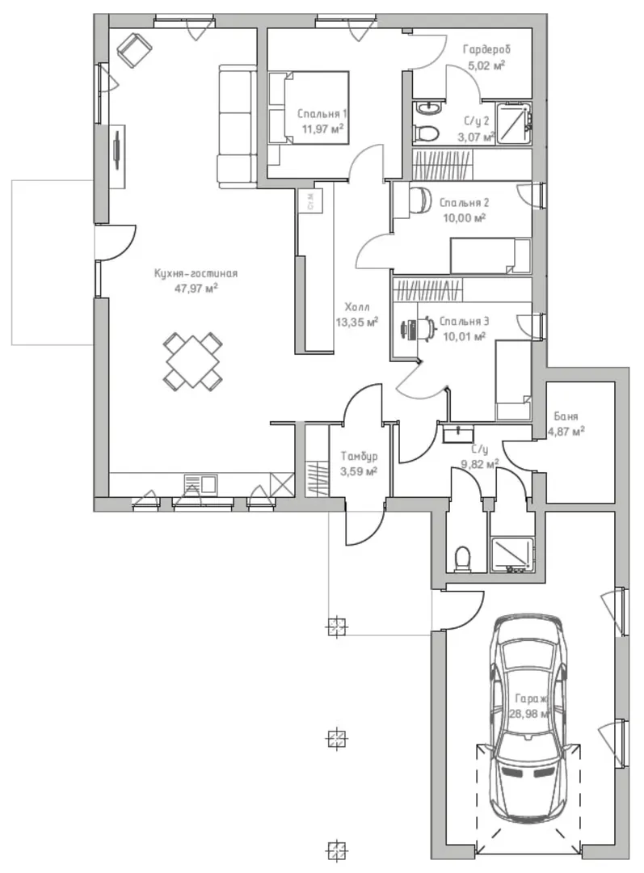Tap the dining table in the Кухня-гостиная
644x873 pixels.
(x=192, y=361)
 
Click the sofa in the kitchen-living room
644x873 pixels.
(x=237, y=125)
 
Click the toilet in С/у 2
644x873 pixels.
(x=427, y=133)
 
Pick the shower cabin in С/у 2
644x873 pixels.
(x=514, y=123)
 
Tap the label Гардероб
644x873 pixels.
(x=486, y=49)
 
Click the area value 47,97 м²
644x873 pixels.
(x=196, y=288)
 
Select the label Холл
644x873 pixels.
(x=357, y=307)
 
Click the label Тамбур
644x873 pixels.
(x=359, y=456)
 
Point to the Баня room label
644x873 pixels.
(x=566, y=416)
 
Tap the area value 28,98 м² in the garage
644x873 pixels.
(x=529, y=713)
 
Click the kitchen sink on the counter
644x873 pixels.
(x=200, y=483)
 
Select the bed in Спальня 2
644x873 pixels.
(x=490, y=256)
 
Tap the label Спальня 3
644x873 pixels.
(x=465, y=321)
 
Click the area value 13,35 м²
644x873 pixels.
(x=357, y=322)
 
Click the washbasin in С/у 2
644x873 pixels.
(x=428, y=107)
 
